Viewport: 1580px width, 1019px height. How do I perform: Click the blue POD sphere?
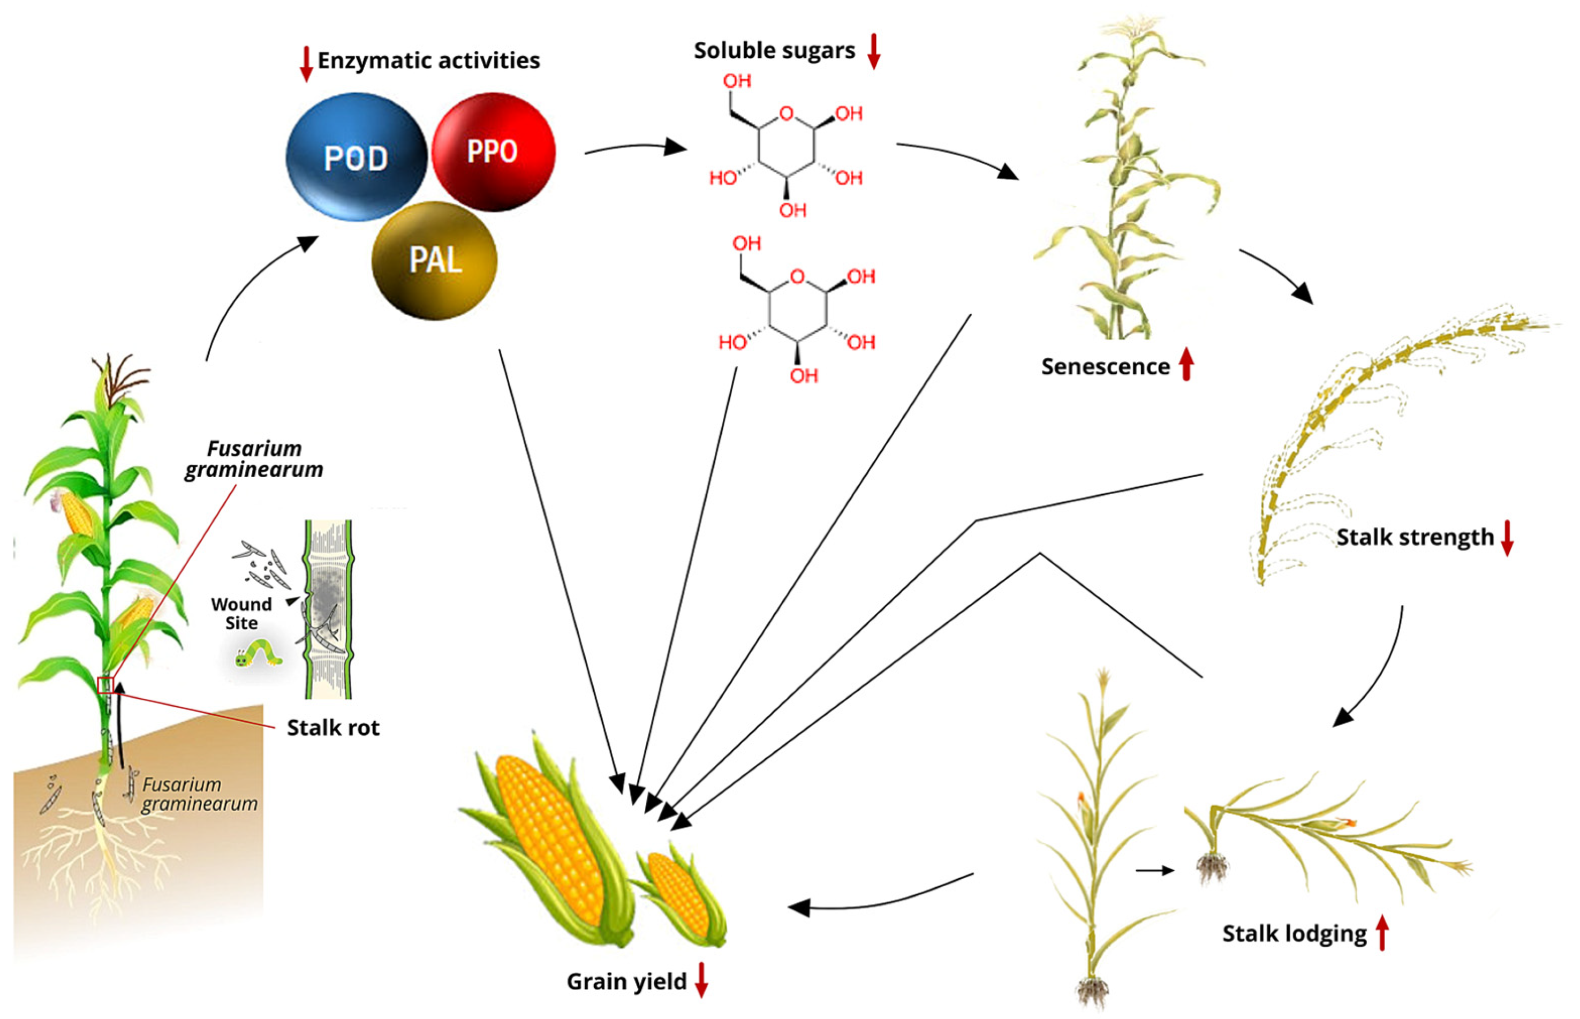pyautogui.click(x=356, y=157)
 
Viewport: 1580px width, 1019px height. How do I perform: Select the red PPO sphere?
pyautogui.click(x=493, y=152)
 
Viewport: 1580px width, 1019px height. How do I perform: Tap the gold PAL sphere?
pyautogui.click(x=434, y=260)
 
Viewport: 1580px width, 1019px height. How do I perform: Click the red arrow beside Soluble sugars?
pyautogui.click(x=873, y=51)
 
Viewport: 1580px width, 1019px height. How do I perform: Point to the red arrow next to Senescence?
pyautogui.click(x=1186, y=364)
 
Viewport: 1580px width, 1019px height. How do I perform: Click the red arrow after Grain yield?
pyautogui.click(x=701, y=980)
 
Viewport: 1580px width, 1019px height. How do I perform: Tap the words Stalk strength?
pyautogui.click(x=1415, y=537)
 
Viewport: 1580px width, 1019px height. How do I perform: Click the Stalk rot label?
pyautogui.click(x=333, y=728)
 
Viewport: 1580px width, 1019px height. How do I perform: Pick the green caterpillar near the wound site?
pyautogui.click(x=259, y=654)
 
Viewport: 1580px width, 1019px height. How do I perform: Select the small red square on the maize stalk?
pyautogui.click(x=106, y=684)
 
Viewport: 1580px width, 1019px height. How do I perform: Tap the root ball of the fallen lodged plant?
pyautogui.click(x=1212, y=867)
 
